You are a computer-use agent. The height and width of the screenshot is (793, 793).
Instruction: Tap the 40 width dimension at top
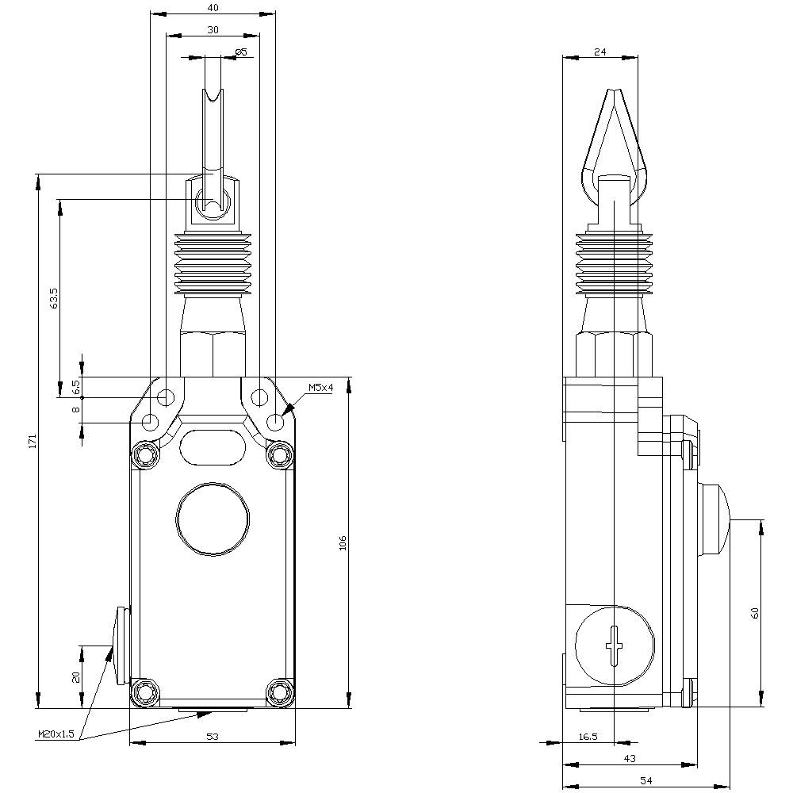click(213, 7)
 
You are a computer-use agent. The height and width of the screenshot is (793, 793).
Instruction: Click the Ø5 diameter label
click(241, 52)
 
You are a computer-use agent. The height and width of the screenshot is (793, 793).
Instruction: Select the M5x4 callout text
click(320, 388)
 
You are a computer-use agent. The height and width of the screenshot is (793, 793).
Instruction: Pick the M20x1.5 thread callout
click(56, 734)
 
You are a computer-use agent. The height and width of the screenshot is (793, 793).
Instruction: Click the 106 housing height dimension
click(343, 542)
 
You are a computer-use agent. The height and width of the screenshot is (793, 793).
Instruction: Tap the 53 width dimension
click(213, 737)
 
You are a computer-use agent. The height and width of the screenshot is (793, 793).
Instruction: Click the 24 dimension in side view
click(600, 52)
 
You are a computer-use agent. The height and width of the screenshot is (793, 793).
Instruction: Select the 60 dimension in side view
click(755, 612)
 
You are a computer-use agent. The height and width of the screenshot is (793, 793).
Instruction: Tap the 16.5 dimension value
click(588, 737)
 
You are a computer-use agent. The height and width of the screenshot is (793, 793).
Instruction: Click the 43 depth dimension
click(630, 759)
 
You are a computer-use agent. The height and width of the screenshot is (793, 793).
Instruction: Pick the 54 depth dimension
click(646, 781)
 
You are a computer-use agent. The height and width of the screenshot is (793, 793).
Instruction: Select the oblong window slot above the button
click(212, 447)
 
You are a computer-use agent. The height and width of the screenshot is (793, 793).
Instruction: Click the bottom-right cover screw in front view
click(280, 692)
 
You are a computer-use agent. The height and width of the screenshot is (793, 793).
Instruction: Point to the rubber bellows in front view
click(212, 264)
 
